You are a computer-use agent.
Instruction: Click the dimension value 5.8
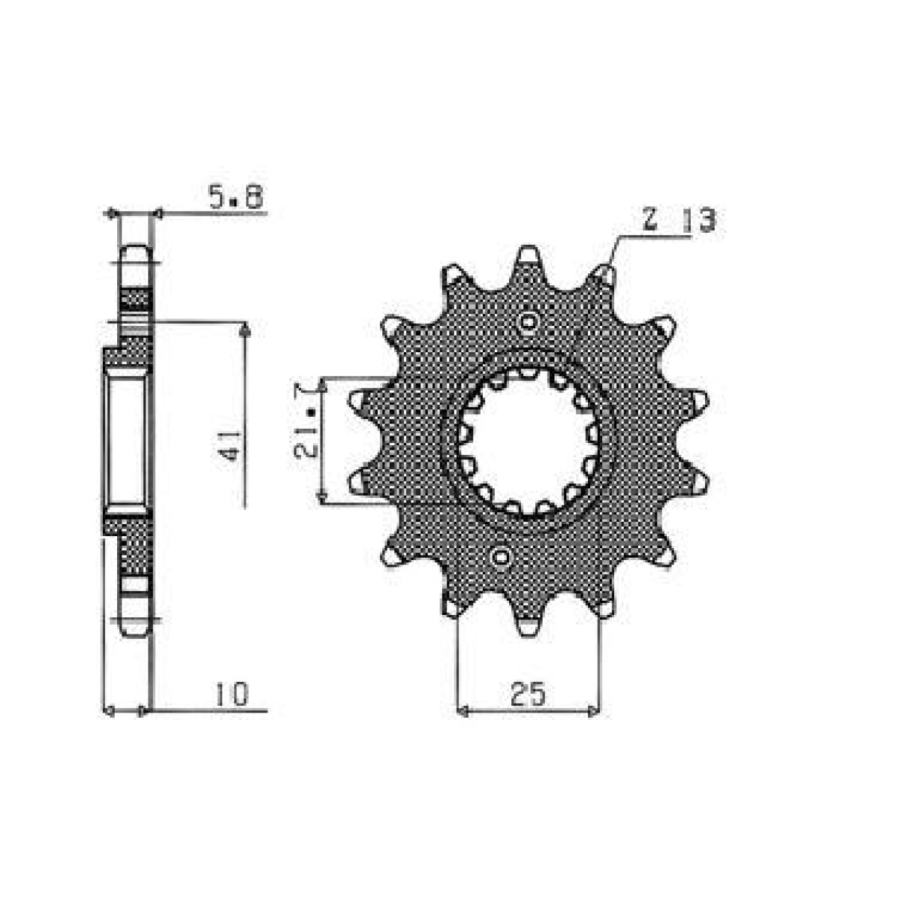(x=234, y=198)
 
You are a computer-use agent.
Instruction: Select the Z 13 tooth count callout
(x=679, y=221)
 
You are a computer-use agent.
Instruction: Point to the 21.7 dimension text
(x=306, y=439)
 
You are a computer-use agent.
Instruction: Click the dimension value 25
(x=528, y=695)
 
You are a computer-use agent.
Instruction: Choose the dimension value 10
(x=231, y=695)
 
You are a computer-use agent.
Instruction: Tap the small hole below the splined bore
(x=501, y=557)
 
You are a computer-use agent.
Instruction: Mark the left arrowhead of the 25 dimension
(x=463, y=710)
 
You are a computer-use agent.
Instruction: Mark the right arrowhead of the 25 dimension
(x=595, y=710)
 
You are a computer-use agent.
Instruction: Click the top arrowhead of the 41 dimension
(x=244, y=329)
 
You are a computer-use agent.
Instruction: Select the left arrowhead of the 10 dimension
(x=107, y=710)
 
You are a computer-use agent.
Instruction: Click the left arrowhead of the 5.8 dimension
(x=113, y=214)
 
